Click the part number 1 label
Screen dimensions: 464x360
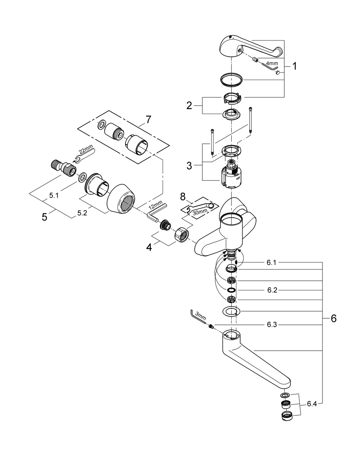pos(294,66)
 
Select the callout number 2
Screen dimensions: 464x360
pos(189,105)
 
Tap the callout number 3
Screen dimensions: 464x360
pos(189,166)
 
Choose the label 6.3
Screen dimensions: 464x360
pos(272,325)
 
